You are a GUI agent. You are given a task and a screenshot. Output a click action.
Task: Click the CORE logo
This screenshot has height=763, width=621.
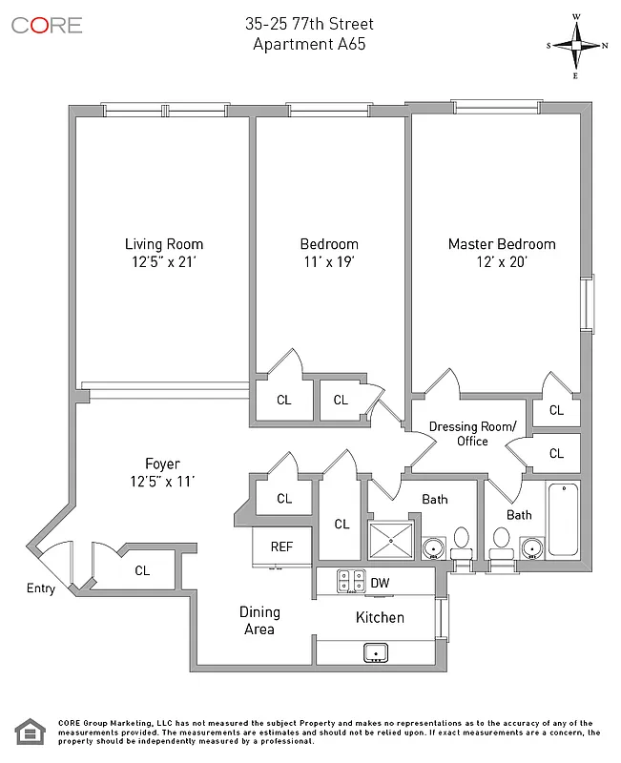[x=47, y=26]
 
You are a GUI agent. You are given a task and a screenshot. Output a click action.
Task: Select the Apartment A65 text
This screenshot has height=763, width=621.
[x=309, y=44]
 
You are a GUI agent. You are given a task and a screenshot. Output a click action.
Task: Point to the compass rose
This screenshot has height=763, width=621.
[x=577, y=45]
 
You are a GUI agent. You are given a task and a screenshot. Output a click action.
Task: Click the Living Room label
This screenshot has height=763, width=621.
[x=164, y=244]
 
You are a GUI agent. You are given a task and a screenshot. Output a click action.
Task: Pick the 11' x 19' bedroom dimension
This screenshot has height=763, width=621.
[x=329, y=262]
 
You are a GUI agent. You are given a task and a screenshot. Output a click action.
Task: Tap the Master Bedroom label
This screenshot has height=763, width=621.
[x=502, y=244]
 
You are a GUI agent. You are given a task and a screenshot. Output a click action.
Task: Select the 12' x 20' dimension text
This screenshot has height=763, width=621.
[x=502, y=262]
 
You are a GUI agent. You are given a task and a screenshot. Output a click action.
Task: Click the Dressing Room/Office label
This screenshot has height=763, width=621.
[x=472, y=433]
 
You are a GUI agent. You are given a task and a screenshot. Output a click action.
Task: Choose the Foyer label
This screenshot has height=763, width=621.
[x=162, y=464]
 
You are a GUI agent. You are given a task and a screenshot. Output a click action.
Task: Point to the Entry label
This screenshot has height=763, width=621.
[x=40, y=588]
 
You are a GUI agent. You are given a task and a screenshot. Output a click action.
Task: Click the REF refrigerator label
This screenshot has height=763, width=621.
[x=281, y=546]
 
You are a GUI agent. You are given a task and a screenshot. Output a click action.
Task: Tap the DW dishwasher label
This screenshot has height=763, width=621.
[x=379, y=583]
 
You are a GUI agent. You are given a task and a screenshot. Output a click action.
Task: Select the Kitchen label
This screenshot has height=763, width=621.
[x=380, y=617]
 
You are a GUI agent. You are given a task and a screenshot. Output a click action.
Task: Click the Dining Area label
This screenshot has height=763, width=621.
[x=259, y=621]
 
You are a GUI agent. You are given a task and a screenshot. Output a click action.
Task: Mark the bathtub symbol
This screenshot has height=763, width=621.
[x=563, y=520]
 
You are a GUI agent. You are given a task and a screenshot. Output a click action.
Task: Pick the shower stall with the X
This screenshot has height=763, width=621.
[x=391, y=541]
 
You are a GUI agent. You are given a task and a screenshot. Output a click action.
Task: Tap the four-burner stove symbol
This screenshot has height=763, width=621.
[x=350, y=580]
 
